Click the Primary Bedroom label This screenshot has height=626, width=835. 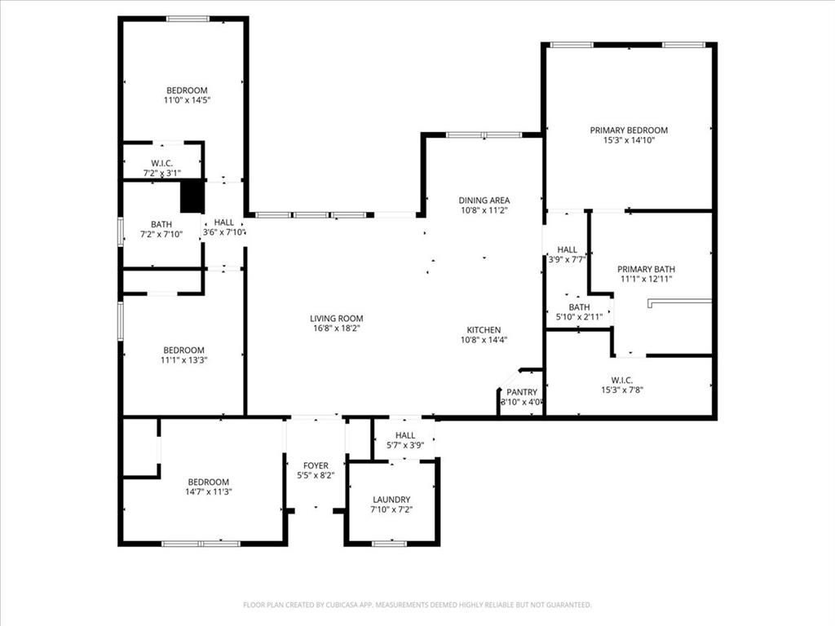coord(629,130)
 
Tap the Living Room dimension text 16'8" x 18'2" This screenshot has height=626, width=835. coord(336,328)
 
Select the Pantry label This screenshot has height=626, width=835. coord(522,392)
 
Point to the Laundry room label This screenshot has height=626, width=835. coord(391,500)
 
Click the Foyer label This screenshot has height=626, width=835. coord(316,466)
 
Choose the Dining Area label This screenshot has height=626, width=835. coord(484,201)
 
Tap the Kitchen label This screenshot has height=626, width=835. coord(484,330)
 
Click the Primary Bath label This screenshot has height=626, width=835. coord(646,270)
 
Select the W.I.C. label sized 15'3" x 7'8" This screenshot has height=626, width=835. coord(621,380)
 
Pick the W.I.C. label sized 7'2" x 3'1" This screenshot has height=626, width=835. coord(161,163)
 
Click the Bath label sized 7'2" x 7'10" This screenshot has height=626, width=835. coord(161,225)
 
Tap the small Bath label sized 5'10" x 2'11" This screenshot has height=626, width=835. coord(579,307)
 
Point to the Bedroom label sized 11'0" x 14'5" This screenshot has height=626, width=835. coord(187,90)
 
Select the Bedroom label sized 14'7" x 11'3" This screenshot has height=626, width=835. coord(208,483)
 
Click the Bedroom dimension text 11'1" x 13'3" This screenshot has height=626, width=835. coord(184,359)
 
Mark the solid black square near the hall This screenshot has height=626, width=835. coord(192,196)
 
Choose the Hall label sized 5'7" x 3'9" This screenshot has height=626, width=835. coord(405,436)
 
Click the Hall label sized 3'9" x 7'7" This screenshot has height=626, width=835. coord(567,250)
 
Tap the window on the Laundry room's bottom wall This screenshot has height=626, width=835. coord(389,543)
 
